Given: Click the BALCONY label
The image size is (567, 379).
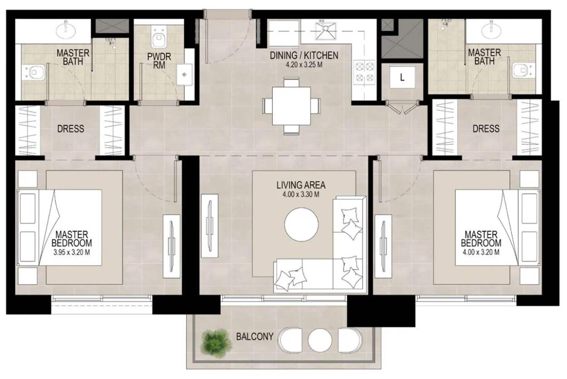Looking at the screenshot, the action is coord(255,337).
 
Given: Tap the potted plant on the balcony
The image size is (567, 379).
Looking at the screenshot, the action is coord(216,343).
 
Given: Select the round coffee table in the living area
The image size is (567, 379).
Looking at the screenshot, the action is coord(301,224).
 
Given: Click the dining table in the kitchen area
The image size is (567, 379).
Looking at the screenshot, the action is coord(291,106).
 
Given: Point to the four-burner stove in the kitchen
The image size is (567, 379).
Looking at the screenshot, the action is coord(365,73).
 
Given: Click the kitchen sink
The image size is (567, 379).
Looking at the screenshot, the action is coord(325,31).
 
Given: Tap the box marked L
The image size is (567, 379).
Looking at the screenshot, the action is coord(402,77).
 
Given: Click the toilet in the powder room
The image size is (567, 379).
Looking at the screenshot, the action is coord(159,38).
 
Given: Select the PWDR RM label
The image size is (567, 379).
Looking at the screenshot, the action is coord(159,61).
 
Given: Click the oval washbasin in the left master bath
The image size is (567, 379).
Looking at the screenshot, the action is coord(65,30).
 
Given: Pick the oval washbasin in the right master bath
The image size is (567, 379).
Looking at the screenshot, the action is coord(491,30).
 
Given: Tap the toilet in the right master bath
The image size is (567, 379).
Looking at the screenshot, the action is coord(522,70).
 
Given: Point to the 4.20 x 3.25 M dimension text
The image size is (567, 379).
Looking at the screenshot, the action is coord(304,65).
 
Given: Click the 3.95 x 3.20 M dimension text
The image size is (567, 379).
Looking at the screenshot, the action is coord(72,253).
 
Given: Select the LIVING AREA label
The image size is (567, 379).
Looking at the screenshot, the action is coord(301,185).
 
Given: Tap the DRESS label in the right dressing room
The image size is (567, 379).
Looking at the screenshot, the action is coord(486,129).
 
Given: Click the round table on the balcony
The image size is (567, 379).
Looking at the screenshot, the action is coord(320,340).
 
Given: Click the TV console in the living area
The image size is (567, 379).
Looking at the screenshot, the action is coord(210,226).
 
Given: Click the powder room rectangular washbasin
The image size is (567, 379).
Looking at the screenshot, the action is coord(185,75).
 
